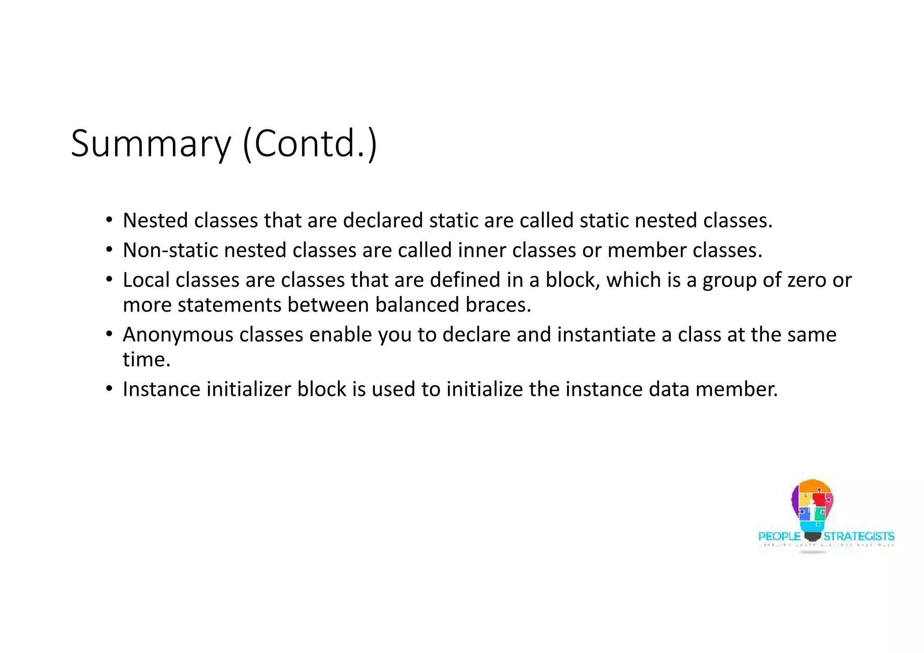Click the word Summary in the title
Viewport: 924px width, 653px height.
pyautogui.click(x=151, y=144)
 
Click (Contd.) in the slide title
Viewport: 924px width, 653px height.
pyautogui.click(x=310, y=144)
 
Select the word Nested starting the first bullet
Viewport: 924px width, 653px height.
pyautogui.click(x=155, y=221)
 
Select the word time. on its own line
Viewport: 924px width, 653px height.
pyautogui.click(x=147, y=360)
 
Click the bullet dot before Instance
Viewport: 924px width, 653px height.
pyautogui.click(x=109, y=389)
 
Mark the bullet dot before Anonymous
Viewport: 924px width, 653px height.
pyautogui.click(x=109, y=334)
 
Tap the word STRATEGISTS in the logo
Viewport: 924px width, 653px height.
pyautogui.click(x=859, y=536)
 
